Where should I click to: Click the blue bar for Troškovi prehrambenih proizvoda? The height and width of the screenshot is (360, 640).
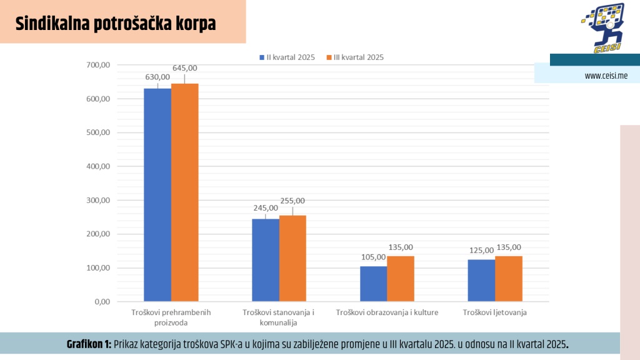tap(157, 195)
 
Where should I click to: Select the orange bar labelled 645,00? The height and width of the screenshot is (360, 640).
tap(184, 192)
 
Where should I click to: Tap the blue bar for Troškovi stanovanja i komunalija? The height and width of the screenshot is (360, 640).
tap(266, 260)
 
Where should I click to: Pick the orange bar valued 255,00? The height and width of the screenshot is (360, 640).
tap(292, 259)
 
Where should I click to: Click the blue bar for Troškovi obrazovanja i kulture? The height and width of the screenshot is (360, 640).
tap(373, 284)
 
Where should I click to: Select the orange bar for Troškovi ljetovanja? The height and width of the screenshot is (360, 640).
tap(509, 279)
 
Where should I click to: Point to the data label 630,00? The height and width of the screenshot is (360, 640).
tap(157, 77)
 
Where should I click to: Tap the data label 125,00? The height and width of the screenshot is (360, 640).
tap(481, 251)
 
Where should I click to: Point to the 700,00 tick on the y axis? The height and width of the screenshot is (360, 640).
tap(99, 65)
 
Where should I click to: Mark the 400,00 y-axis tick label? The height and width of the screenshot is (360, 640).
tap(99, 167)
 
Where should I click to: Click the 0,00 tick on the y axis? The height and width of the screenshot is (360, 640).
tap(102, 302)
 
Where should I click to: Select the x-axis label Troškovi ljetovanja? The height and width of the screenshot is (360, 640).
tap(495, 312)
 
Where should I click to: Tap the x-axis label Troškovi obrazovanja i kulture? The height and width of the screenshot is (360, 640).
tap(387, 312)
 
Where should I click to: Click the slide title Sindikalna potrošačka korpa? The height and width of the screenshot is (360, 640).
tap(116, 24)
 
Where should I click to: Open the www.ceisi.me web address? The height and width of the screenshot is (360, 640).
tap(606, 76)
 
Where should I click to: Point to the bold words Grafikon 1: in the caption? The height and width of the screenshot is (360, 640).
tap(89, 344)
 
